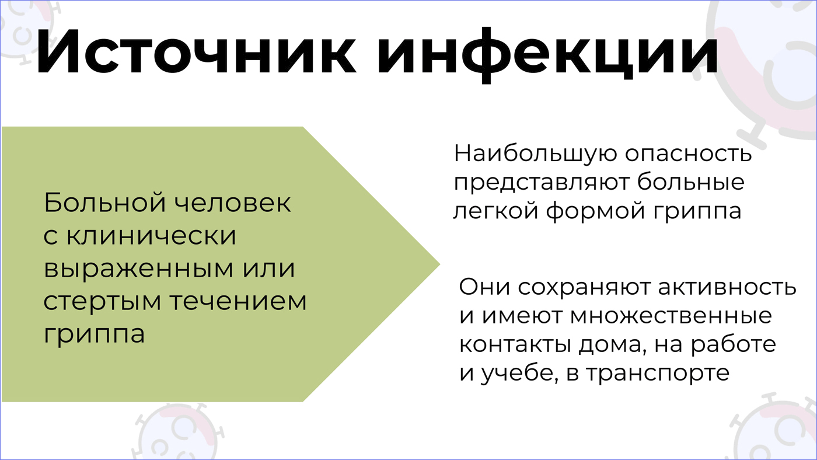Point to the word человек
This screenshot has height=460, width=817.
232,203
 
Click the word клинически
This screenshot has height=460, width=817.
151,235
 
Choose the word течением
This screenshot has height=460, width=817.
239,301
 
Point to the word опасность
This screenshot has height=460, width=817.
688,155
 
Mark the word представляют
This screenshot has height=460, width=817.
542,182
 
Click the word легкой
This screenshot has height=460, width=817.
496,211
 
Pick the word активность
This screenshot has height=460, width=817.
727,287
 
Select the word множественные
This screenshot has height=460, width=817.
671,316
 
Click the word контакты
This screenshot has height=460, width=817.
515,344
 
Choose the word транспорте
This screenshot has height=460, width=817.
658,374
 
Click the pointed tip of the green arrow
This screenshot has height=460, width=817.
440,264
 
